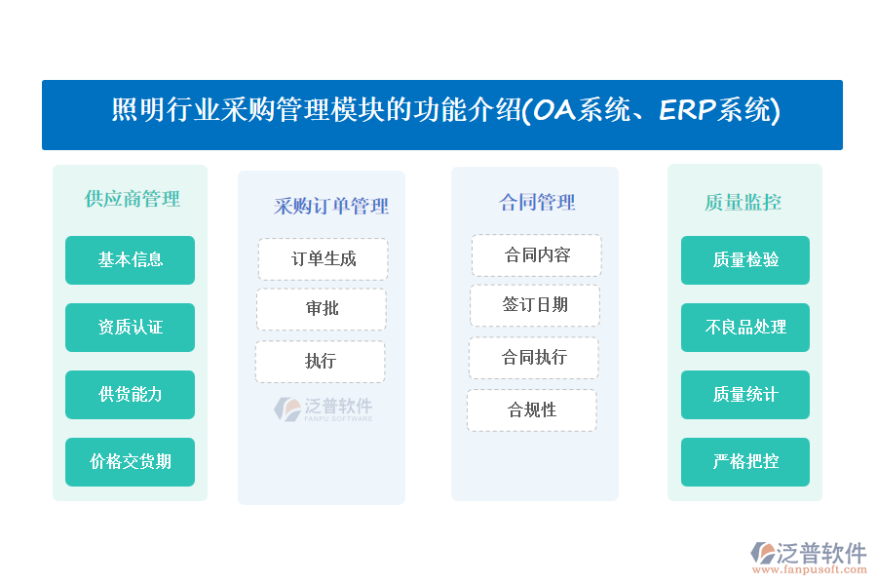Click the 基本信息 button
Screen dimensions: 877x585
coord(130,259)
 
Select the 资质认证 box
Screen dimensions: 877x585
coord(130,327)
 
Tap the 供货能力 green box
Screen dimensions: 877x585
coord(130,394)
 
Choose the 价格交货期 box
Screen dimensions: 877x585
coord(130,461)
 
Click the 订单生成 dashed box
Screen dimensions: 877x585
coord(323,258)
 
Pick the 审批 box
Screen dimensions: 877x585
coord(322,308)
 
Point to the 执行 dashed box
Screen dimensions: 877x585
coord(321,361)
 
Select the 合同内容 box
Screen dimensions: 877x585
coord(536,254)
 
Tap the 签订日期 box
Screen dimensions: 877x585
coord(535,305)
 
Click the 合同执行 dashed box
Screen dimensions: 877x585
coord(534,357)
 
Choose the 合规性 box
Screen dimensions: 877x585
coord(532,409)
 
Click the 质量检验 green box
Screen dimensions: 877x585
coord(745,259)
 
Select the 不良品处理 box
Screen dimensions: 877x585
coord(745,327)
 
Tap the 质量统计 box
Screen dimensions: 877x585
coord(745,394)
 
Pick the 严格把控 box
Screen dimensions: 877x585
coord(745,461)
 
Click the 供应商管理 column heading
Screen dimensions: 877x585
coord(132,199)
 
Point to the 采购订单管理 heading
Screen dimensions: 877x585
coord(331,206)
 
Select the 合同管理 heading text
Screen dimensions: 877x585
coord(537,202)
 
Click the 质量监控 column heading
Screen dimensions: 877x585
coord(743,202)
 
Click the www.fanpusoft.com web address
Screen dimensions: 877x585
coord(810,569)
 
